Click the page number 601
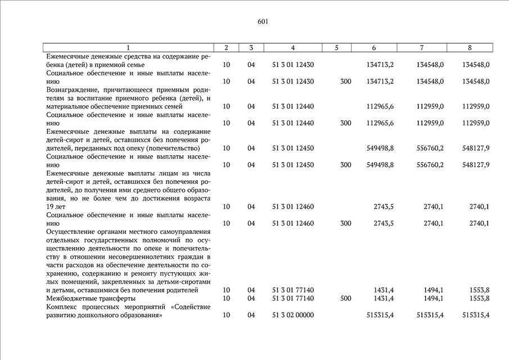point(263,22)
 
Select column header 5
point(336,48)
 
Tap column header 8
point(470,48)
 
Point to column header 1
point(128,48)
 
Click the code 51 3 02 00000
point(292,315)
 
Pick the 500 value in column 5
point(346,298)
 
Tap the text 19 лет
point(57,206)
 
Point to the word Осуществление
point(73,232)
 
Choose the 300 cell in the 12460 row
point(346,223)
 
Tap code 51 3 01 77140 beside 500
point(292,298)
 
